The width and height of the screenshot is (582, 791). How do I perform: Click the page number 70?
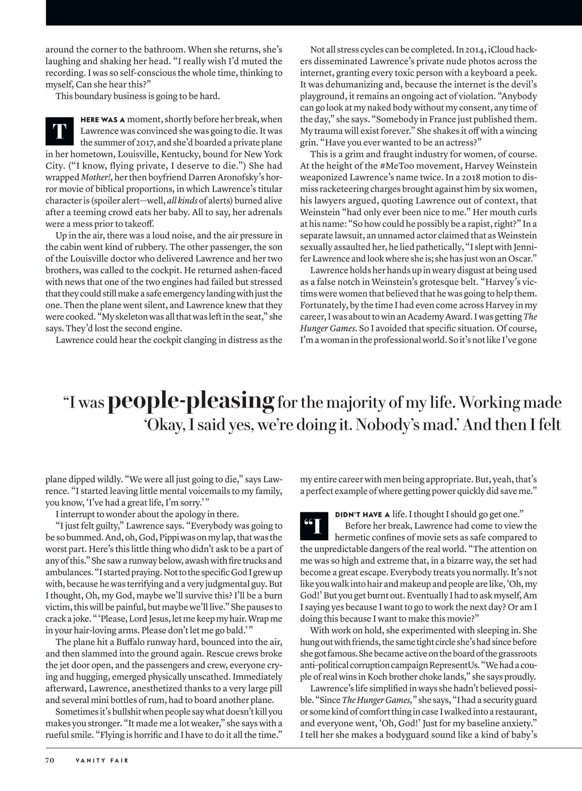pos(50,760)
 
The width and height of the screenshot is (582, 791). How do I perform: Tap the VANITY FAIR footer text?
pos(101,760)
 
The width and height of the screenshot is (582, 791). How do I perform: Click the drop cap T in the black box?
pos(59,131)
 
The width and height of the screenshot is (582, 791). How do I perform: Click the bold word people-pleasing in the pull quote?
pos(191,401)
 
